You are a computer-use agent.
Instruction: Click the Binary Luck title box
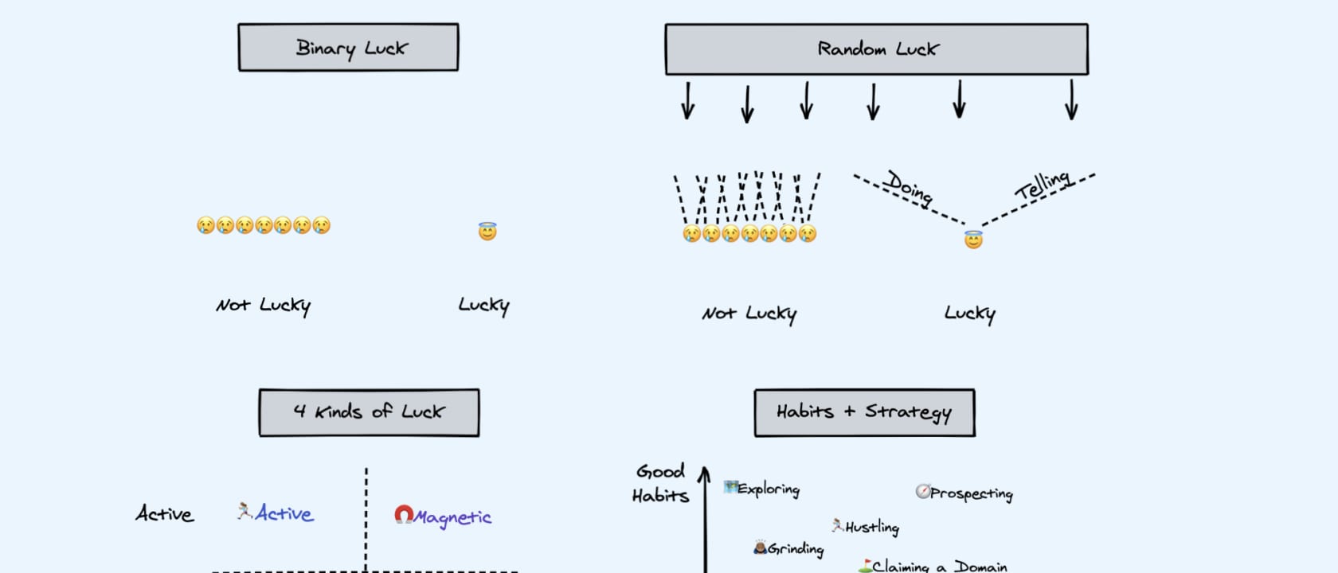[348, 48]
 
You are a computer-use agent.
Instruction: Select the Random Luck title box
[876, 49]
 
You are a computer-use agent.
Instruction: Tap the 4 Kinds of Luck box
[369, 412]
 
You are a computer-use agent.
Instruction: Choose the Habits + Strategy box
[864, 412]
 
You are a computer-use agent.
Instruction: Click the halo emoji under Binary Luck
[487, 232]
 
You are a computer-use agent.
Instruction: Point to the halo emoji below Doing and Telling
[973, 240]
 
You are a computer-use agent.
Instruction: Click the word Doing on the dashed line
[910, 188]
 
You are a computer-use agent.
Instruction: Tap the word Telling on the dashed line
[1043, 184]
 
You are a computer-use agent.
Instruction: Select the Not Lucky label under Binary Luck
[263, 306]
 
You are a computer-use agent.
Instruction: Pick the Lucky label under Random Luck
[969, 314]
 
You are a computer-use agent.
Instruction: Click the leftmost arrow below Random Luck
[688, 100]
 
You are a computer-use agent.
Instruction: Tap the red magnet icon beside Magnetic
[404, 516]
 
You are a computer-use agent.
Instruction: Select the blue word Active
[284, 513]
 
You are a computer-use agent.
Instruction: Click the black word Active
[164, 514]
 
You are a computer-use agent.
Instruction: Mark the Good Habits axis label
[659, 483]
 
